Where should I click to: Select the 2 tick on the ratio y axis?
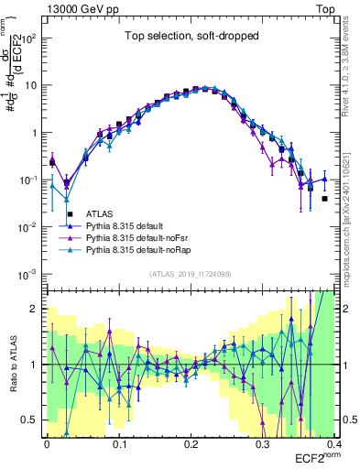point(37,309)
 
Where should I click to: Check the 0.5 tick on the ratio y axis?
point(33,420)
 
